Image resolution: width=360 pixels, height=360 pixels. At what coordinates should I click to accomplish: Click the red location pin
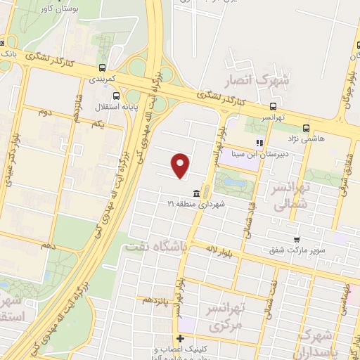point(181,165)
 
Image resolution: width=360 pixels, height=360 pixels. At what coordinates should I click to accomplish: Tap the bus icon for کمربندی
point(103,68)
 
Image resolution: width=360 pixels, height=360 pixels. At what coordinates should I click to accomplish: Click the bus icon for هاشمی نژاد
point(306,128)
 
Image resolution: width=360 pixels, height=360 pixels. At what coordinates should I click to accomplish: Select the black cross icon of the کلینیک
point(180,339)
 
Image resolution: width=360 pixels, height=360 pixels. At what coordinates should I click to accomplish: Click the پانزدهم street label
point(157,300)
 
